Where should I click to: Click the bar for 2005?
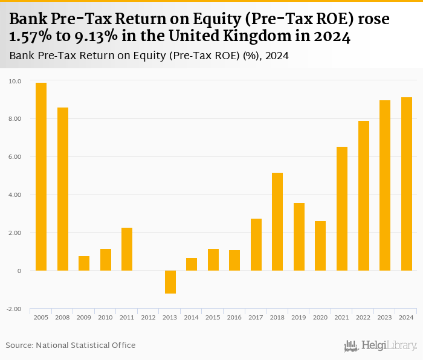click(41, 176)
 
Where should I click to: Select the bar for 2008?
click(63, 189)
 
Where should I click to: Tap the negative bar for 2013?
click(170, 282)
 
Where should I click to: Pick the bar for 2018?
click(277, 222)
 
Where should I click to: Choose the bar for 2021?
click(342, 208)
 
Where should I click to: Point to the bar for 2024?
click(407, 184)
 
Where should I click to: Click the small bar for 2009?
click(84, 263)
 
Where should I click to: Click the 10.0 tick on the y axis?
click(15, 81)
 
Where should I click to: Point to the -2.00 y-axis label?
click(14, 309)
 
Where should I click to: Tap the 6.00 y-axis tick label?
click(15, 157)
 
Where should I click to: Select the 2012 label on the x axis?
click(149, 317)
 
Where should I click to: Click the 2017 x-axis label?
click(256, 317)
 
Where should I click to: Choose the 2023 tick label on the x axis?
click(385, 317)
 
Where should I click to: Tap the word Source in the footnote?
click(19, 345)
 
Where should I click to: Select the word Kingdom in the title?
click(268, 37)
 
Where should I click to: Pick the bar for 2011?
click(127, 249)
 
